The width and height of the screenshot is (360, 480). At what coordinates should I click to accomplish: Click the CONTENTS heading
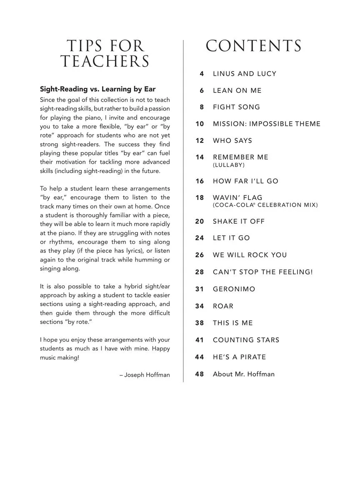tap(253, 46)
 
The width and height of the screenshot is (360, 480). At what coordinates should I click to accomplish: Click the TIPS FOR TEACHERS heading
tap(105, 54)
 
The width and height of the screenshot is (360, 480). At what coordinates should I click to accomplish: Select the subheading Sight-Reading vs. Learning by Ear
tap(97, 89)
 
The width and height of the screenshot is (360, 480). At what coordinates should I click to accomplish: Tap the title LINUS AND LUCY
tap(245, 74)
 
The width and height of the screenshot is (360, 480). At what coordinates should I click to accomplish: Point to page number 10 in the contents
tap(200, 124)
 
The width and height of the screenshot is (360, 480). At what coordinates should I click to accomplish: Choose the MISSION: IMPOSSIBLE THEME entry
tap(267, 124)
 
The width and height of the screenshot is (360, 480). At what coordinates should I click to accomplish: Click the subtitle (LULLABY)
tap(229, 165)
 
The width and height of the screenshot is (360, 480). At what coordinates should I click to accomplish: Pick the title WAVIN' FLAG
tap(237, 197)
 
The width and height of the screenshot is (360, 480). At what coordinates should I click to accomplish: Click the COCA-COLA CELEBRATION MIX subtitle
tap(265, 205)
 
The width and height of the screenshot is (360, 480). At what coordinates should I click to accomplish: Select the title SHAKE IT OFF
tap(239, 221)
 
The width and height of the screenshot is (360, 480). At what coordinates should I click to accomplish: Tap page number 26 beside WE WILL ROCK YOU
tap(200, 255)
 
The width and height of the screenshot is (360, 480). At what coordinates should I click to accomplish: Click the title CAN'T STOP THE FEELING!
tap(262, 272)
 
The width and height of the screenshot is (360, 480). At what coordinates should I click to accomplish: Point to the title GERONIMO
tap(234, 289)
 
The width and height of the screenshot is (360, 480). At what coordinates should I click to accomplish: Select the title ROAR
tap(223, 306)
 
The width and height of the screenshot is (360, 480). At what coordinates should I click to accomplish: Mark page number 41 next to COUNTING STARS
tap(200, 340)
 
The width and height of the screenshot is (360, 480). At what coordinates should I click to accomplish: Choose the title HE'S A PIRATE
tap(239, 357)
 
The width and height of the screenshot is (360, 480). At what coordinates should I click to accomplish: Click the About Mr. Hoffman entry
tap(244, 374)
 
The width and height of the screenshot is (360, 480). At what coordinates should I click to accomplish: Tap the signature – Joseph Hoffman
tap(145, 375)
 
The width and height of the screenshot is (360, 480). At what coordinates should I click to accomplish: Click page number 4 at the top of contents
tap(202, 74)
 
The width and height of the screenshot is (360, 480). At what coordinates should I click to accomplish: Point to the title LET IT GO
tap(231, 238)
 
